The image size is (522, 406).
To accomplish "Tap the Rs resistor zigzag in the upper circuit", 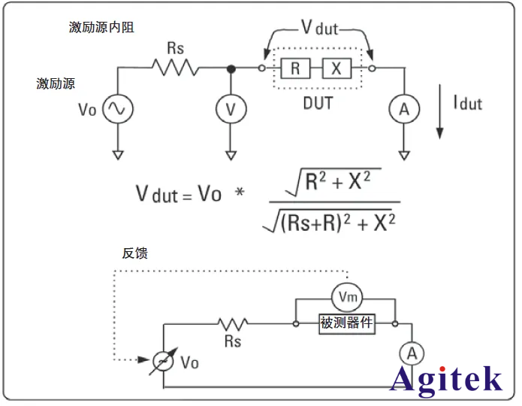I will (175, 68).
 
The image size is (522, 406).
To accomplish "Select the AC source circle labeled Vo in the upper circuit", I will (118, 110).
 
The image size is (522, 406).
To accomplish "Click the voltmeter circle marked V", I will (231, 110).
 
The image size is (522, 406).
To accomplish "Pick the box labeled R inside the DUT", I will (295, 69).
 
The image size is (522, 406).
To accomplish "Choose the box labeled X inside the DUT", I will (336, 69).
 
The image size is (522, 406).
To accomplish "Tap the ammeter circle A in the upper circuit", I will (404, 110).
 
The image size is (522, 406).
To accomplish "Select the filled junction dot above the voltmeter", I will (231, 69).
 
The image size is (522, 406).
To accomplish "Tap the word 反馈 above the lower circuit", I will (134, 253).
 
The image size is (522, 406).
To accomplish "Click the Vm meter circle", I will (346, 298).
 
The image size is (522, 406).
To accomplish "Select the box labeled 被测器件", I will (347, 324).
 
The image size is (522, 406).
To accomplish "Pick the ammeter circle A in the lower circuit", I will (409, 353).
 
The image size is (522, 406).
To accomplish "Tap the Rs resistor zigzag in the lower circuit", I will (233, 324).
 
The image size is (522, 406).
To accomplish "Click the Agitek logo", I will (447, 378).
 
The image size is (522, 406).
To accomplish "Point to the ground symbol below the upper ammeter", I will (404, 156).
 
